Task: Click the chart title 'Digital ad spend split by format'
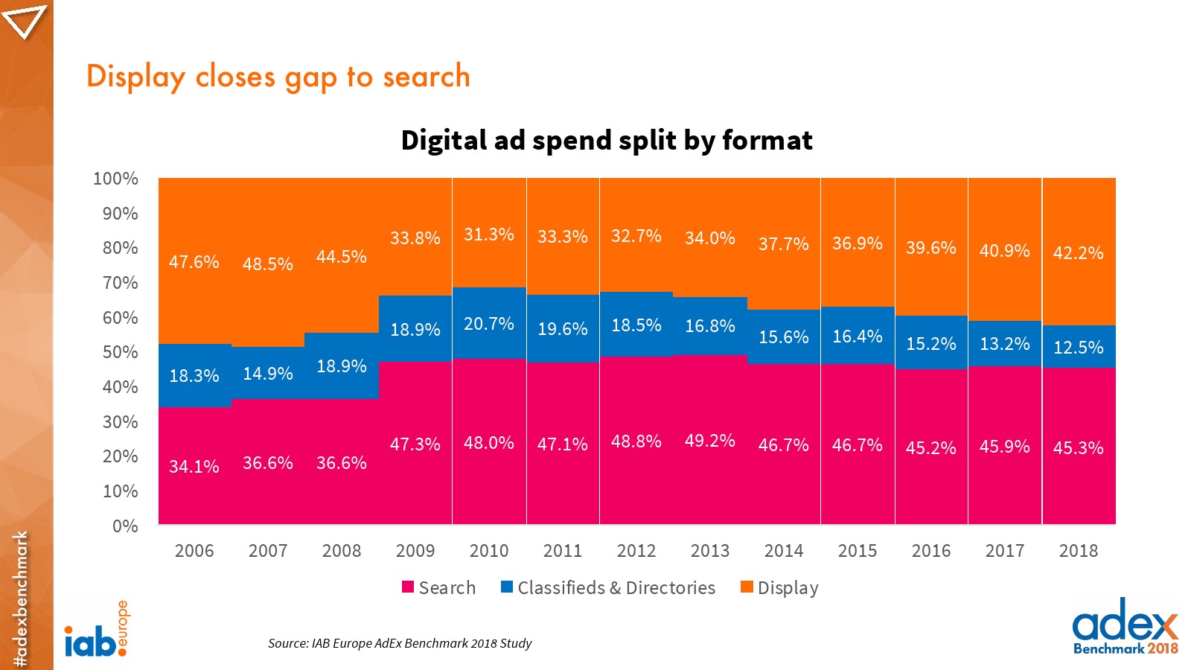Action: coord(606,141)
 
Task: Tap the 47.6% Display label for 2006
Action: coord(194,262)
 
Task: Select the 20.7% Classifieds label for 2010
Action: coord(488,324)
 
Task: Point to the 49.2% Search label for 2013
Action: coord(709,441)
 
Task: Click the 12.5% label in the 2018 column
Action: coord(1078,348)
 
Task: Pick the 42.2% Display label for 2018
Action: coord(1078,253)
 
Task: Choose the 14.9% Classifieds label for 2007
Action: coord(267,374)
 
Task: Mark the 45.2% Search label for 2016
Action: coord(930,448)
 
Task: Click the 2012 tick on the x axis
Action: coord(636,551)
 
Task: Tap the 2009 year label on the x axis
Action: coord(415,551)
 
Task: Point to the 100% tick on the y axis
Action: coord(115,179)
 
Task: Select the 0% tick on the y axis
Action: coord(125,526)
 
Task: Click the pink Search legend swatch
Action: coord(408,587)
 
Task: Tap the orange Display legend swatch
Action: coord(747,587)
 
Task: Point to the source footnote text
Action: coord(400,643)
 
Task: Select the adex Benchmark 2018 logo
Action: coord(1125,627)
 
